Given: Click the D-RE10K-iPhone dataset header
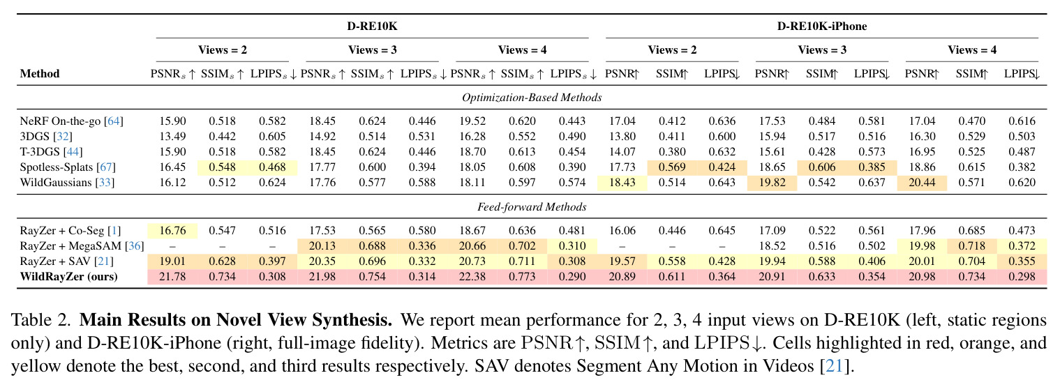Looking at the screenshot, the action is (x=822, y=26).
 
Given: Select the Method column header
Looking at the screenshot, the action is (x=40, y=73).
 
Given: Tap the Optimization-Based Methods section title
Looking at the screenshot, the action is (x=532, y=98).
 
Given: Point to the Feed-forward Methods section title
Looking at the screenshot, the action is (x=532, y=206).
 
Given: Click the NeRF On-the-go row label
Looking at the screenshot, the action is (x=71, y=121).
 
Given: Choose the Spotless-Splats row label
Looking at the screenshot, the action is (x=68, y=167).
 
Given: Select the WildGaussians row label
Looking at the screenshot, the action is (x=67, y=182).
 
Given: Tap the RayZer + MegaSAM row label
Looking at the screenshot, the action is (x=82, y=246).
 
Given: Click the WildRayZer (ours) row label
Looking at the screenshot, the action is (x=68, y=276).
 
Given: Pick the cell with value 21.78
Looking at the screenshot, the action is (x=172, y=276).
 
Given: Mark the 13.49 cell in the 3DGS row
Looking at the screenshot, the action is (x=172, y=136).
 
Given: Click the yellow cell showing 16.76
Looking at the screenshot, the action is (x=172, y=230).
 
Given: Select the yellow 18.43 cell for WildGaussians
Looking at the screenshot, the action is (x=622, y=182).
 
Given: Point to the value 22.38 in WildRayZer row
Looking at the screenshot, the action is (x=472, y=276).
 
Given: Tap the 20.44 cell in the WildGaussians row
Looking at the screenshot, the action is (x=922, y=182).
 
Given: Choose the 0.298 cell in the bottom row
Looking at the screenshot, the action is (x=1022, y=276).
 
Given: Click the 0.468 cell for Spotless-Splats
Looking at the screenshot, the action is (x=272, y=167).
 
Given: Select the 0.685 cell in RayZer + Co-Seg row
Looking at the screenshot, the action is (x=971, y=230).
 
